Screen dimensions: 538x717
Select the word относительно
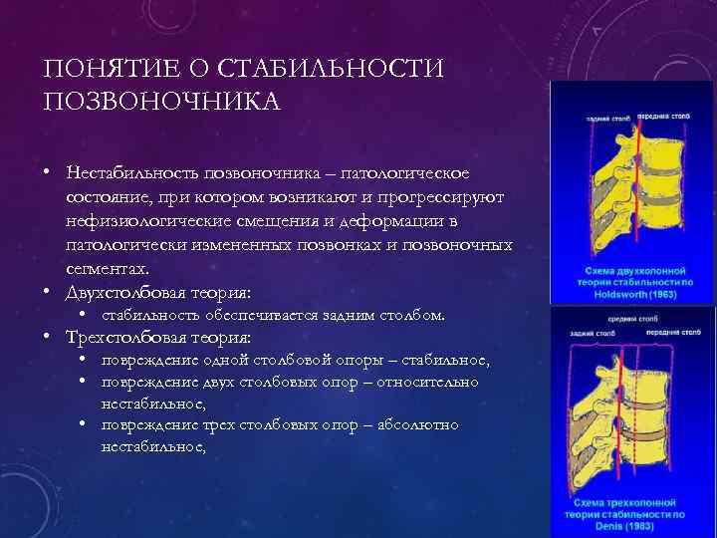tap(426, 382)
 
